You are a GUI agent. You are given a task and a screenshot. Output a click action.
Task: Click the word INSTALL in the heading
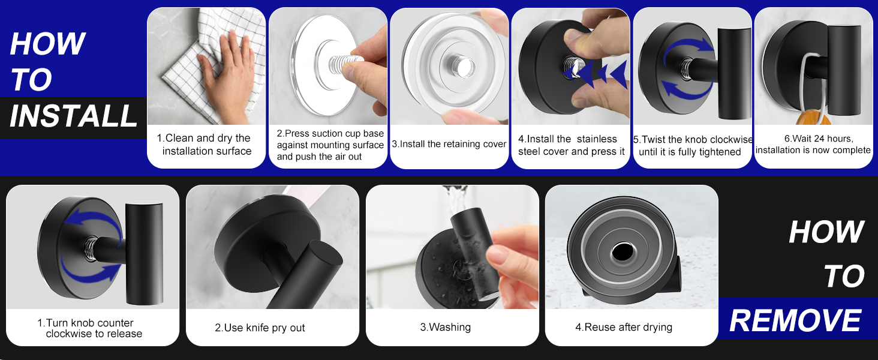(73, 116)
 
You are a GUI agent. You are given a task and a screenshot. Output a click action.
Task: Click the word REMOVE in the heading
(795, 321)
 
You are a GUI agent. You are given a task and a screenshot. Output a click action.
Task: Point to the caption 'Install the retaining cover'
(449, 144)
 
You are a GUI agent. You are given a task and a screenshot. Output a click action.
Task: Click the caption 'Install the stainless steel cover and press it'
(571, 145)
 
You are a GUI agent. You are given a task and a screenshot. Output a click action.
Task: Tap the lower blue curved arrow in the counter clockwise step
(89, 272)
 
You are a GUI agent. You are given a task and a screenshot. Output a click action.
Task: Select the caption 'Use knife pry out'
(260, 328)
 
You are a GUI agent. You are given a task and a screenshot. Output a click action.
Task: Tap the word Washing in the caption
(450, 327)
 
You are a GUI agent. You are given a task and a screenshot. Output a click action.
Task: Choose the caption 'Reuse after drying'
(624, 327)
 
